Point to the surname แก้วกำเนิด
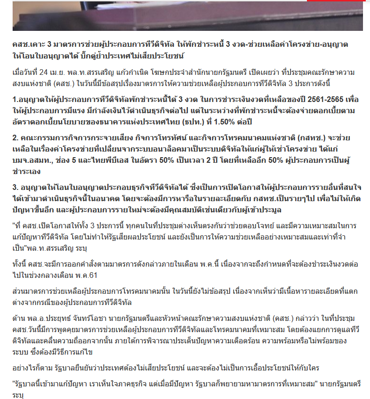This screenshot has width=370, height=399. coord(134,73)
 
